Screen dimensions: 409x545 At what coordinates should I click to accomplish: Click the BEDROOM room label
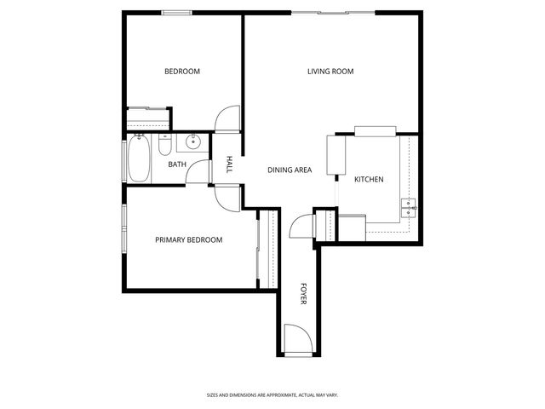click(182, 72)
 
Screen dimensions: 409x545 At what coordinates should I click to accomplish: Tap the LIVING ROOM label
click(330, 72)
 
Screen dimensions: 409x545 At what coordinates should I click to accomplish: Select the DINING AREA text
click(290, 170)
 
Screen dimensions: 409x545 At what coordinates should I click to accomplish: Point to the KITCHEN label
click(369, 180)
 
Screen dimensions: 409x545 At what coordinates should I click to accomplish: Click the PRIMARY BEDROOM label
click(188, 240)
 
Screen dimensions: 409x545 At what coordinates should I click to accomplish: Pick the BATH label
click(177, 164)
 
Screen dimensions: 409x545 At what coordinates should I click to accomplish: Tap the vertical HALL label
click(229, 164)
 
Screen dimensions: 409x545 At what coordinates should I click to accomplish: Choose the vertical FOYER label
click(303, 294)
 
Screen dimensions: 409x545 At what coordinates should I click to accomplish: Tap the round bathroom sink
click(193, 141)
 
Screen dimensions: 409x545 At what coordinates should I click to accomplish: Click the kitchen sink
click(410, 206)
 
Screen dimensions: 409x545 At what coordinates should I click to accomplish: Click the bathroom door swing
click(198, 170)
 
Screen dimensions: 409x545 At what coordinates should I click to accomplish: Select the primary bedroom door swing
click(228, 198)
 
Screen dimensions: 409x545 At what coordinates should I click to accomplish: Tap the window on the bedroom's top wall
click(176, 12)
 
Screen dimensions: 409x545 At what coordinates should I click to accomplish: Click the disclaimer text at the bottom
click(272, 395)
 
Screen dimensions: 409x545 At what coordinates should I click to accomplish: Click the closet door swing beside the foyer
click(302, 227)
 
